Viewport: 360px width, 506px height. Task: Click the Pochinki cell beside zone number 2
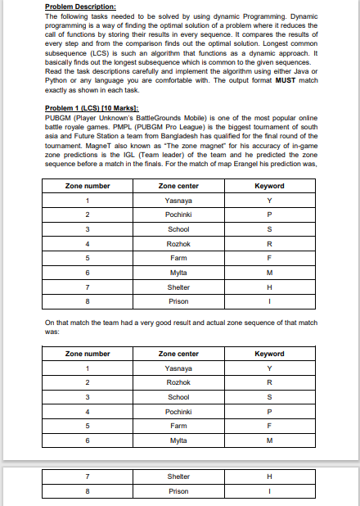(178, 214)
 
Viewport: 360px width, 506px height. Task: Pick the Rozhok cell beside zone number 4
(178, 243)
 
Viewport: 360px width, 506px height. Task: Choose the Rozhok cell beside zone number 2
(178, 383)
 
